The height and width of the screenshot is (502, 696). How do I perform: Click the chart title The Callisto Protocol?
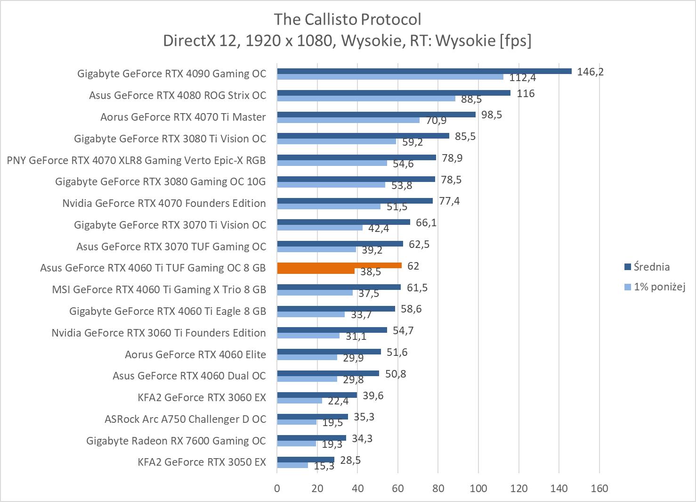pyautogui.click(x=348, y=19)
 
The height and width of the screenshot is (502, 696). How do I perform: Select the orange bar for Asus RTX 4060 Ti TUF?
pyautogui.click(x=339, y=265)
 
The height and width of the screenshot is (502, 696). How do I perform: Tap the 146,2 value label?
pyautogui.click(x=590, y=72)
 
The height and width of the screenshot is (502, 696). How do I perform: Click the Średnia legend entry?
pyautogui.click(x=651, y=267)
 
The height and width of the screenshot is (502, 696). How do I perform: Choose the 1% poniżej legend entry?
pyautogui.click(x=659, y=287)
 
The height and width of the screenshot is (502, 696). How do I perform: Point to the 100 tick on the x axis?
pyautogui.click(x=478, y=488)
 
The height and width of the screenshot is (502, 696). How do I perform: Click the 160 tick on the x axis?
pyautogui.click(x=599, y=488)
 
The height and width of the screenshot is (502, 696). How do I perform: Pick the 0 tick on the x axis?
pyautogui.click(x=277, y=488)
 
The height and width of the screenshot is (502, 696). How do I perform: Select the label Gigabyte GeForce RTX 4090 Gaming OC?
pyautogui.click(x=171, y=74)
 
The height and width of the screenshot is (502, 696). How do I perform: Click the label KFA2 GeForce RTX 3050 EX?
pyautogui.click(x=202, y=462)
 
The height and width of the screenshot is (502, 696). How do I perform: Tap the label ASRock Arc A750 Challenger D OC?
pyautogui.click(x=185, y=419)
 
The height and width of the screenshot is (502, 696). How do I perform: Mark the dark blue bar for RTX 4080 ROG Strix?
pyautogui.click(x=393, y=93)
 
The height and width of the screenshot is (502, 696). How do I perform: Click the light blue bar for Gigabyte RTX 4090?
pyautogui.click(x=390, y=77)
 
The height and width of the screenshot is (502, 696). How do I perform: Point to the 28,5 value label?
pyautogui.click(x=350, y=460)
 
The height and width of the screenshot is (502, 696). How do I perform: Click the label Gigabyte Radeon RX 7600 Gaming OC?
pyautogui.click(x=176, y=441)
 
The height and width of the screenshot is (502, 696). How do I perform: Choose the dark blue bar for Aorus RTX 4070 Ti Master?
pyautogui.click(x=376, y=115)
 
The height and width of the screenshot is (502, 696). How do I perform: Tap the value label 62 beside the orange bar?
pyautogui.click(x=413, y=266)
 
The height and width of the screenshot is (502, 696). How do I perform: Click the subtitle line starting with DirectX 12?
pyautogui.click(x=347, y=41)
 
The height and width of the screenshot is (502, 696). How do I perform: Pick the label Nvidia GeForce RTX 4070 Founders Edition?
pyautogui.click(x=164, y=203)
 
